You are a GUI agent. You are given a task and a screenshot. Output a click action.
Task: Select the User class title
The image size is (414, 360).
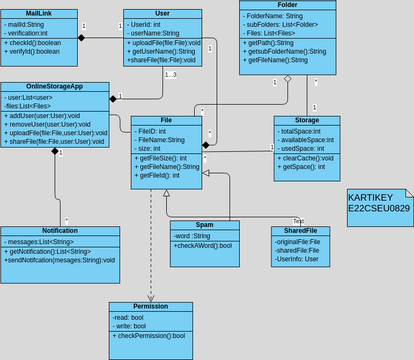click(162, 15)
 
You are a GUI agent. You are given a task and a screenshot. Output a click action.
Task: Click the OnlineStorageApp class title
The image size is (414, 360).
click(54, 87)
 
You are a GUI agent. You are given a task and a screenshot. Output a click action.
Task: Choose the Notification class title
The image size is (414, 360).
click(59, 231)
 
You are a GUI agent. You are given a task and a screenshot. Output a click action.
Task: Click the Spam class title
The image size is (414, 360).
click(205, 225)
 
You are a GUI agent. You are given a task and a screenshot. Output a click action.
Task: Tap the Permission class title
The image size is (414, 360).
click(151, 306)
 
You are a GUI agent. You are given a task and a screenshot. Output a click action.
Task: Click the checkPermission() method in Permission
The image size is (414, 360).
click(150, 335)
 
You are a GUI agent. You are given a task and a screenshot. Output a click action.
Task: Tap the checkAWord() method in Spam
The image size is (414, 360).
click(203, 245)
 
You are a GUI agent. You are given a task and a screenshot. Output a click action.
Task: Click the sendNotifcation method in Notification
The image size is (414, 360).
click(60, 259)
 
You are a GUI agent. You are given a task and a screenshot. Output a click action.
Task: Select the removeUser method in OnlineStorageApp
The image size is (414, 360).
click(52, 124)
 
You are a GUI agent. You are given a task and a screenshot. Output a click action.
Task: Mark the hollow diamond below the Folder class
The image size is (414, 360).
click(287, 77)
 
